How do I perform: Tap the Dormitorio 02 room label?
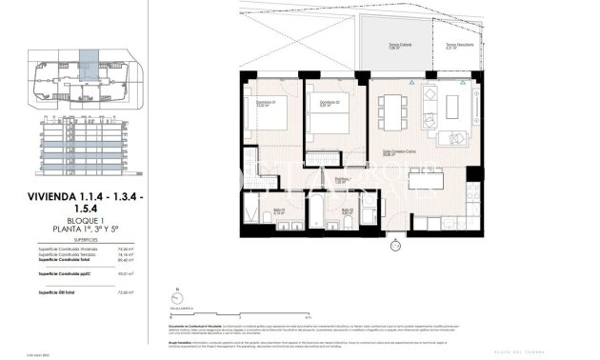(x=330, y=104)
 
